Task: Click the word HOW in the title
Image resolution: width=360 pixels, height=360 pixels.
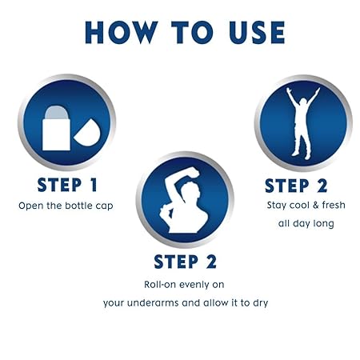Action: pyautogui.click(x=122, y=33)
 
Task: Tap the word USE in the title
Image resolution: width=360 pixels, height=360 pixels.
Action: pyautogui.click(x=257, y=33)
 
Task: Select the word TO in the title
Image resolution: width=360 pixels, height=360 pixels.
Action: pyautogui.click(x=192, y=33)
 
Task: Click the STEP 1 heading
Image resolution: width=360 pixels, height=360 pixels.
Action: pyautogui.click(x=67, y=185)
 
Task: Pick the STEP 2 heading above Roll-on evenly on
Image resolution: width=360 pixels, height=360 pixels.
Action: pyautogui.click(x=185, y=262)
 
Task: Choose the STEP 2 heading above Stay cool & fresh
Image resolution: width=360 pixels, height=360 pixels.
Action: pyautogui.click(x=296, y=186)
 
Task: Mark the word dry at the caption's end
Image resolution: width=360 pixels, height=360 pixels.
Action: pyautogui.click(x=260, y=303)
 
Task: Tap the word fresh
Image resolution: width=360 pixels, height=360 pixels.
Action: pyautogui.click(x=334, y=205)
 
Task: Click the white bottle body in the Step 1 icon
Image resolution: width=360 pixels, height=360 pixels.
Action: pyautogui.click(x=56, y=134)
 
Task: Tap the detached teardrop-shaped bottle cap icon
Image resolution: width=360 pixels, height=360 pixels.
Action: pyautogui.click(x=87, y=134)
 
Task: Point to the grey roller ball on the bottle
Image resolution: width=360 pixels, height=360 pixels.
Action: pyautogui.click(x=56, y=112)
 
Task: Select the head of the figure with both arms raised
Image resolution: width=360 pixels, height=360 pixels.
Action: pyautogui.click(x=303, y=102)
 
